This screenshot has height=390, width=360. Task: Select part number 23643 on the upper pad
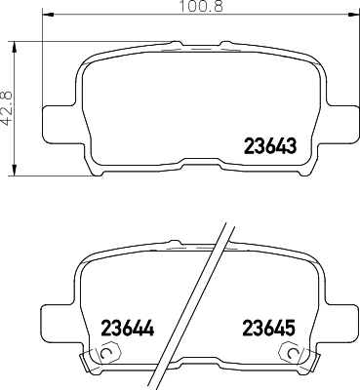click(x=268, y=148)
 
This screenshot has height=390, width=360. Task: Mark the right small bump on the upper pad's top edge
click(x=227, y=43)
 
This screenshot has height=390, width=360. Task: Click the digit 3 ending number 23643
click(x=291, y=148)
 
